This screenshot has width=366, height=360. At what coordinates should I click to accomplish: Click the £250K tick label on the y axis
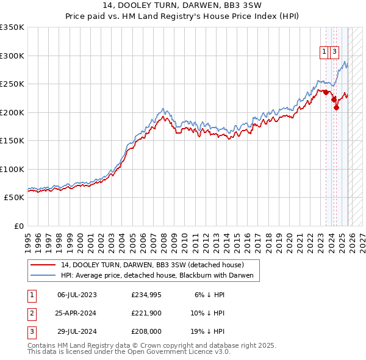12,84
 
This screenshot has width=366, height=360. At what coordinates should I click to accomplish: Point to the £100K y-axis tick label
12,169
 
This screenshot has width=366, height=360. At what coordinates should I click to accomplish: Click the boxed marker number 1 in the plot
324,52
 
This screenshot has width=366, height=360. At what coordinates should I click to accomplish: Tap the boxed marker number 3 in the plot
335,52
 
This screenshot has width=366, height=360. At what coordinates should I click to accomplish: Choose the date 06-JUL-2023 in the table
77,295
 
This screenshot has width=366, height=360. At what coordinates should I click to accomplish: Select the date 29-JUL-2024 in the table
77,333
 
